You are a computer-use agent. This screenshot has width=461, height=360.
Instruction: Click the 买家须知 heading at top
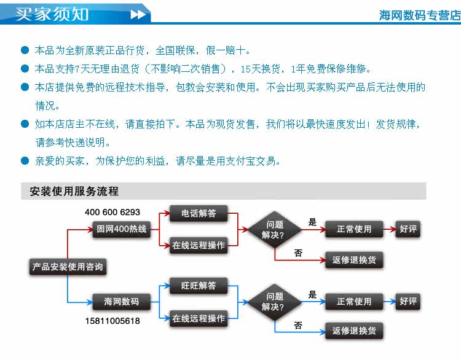[52, 14]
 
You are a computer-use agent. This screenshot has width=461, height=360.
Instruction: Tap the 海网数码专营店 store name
[419, 15]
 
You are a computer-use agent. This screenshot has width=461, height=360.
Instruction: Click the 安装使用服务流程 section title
[74, 191]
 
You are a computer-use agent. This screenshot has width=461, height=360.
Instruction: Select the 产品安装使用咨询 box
[68, 267]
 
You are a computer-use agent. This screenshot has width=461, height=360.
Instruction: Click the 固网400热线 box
[121, 229]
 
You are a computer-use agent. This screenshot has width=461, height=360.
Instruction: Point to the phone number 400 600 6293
[112, 213]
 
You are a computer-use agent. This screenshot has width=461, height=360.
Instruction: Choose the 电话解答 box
[199, 214]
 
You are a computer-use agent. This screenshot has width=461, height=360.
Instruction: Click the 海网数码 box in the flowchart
[121, 302]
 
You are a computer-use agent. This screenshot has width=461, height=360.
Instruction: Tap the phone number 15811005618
[112, 321]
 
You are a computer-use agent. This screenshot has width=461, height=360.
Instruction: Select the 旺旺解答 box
[199, 286]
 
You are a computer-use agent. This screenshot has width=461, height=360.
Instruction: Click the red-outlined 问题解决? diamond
[274, 230]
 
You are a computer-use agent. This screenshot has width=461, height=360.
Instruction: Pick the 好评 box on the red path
[408, 229]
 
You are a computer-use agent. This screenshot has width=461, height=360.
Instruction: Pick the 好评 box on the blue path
[408, 302]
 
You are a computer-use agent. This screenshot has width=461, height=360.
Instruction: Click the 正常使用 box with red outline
[354, 229]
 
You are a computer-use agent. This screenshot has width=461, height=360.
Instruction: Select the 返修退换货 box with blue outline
[354, 331]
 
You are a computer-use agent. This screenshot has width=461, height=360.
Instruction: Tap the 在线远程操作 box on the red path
[199, 245]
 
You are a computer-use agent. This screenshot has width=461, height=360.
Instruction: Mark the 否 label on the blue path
[298, 325]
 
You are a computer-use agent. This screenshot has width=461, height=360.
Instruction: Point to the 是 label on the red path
[312, 222]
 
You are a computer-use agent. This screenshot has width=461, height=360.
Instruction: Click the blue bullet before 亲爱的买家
[25, 161]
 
